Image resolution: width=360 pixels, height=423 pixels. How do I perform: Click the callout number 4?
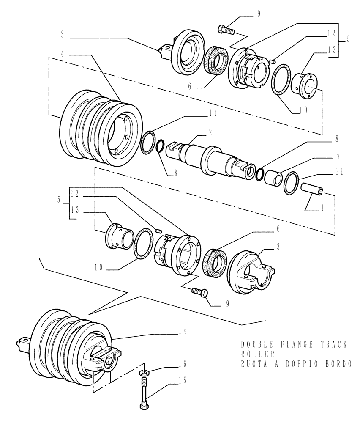63,55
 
